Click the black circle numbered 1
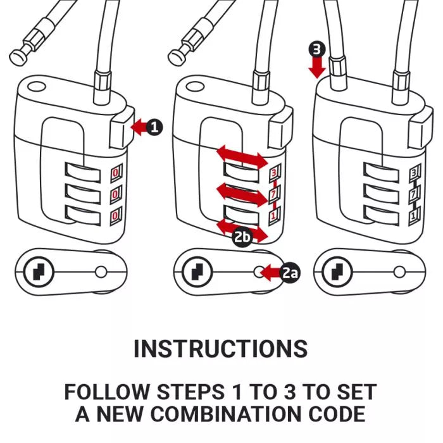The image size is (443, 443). (154, 127)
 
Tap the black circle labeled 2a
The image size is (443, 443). (290, 273)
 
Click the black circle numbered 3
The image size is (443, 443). (317, 49)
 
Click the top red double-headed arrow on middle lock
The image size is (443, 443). (242, 156)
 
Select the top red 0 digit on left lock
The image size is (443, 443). (116, 172)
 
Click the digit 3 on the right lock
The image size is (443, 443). (414, 172)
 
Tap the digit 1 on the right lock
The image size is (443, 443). (414, 215)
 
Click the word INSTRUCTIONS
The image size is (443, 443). (221, 349)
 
